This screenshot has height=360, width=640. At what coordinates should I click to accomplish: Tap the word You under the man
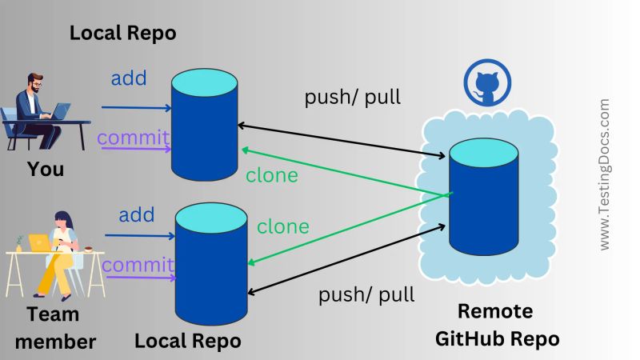pyautogui.click(x=46, y=170)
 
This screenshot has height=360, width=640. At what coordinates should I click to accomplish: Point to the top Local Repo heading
pyautogui.click(x=123, y=34)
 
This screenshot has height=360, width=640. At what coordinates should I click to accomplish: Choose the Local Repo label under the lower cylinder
pyautogui.click(x=187, y=341)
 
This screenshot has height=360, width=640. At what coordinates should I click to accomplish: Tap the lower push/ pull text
pyautogui.click(x=366, y=294)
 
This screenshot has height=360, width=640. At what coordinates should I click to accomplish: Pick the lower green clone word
pyautogui.click(x=282, y=226)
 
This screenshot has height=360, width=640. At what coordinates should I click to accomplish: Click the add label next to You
pyautogui.click(x=128, y=78)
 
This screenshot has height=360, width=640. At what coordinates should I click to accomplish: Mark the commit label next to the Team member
pyautogui.click(x=138, y=265)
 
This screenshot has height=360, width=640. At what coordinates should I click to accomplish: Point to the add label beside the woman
pyautogui.click(x=137, y=214)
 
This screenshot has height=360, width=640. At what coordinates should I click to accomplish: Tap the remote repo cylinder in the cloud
pyautogui.click(x=483, y=196)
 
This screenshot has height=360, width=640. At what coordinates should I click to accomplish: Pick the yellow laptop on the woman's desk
pyautogui.click(x=38, y=242)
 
